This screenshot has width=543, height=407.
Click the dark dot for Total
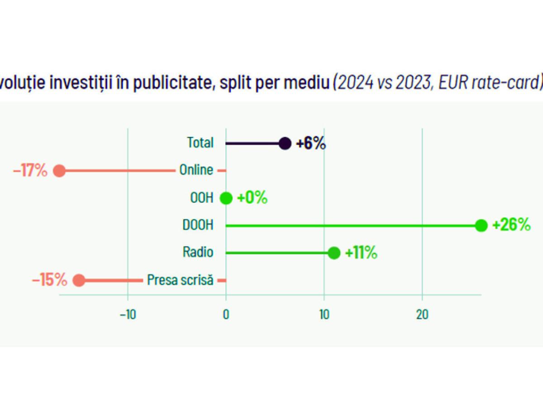click(285, 143)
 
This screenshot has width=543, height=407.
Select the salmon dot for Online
click(59, 171)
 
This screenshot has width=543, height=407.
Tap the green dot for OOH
click(226, 198)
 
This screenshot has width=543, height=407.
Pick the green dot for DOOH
click(481, 225)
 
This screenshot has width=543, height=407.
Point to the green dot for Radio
click(334, 253)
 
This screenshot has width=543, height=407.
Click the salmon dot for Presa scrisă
click(79, 280)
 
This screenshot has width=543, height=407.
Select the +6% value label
click(311, 143)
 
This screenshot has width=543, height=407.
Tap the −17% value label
click(30, 171)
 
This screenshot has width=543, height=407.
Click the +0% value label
click(252, 198)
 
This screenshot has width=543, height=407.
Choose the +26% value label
click(511, 225)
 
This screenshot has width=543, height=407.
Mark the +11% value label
click(361, 253)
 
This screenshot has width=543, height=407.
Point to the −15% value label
click(49, 280)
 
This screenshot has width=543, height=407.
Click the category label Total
click(200, 143)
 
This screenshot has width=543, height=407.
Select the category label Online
click(196, 170)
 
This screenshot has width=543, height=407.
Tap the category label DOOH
click(198, 225)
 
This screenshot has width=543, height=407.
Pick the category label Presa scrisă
click(180, 280)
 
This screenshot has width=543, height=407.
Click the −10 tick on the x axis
click(128, 315)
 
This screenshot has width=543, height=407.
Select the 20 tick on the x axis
click(422, 315)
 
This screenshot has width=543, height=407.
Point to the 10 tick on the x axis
click(324, 315)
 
